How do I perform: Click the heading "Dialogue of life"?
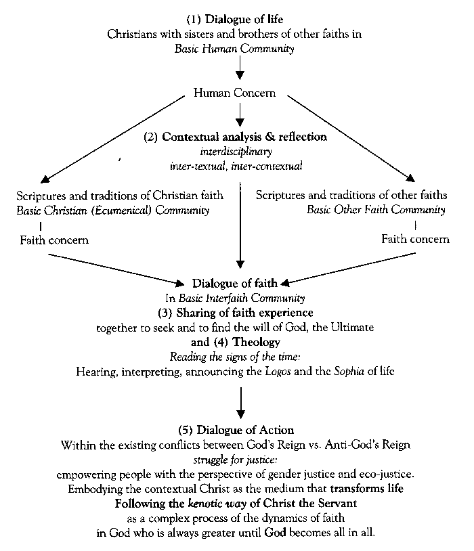click(244, 20)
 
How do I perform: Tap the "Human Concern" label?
click(234, 93)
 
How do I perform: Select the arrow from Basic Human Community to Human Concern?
click(240, 68)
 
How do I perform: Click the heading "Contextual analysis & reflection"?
click(244, 137)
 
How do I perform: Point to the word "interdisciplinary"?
click(236, 152)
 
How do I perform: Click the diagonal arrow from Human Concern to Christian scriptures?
click(112, 139)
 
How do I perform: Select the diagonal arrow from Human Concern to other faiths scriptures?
click(351, 139)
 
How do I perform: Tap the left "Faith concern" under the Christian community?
click(54, 240)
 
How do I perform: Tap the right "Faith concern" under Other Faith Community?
click(415, 239)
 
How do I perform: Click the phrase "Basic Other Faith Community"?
click(376, 210)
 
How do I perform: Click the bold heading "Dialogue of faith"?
click(234, 283)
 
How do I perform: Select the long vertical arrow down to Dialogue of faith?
click(240, 225)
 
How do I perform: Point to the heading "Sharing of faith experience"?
click(244, 313)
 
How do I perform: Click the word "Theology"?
click(257, 342)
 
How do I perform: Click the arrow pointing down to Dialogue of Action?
click(240, 403)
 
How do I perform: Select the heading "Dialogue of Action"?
click(245, 430)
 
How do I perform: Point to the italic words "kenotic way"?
click(217, 504)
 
